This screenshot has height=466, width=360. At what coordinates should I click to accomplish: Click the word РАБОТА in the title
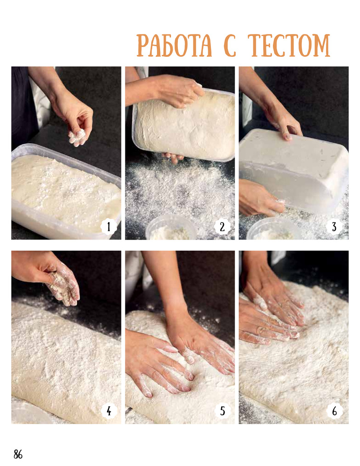[174, 46]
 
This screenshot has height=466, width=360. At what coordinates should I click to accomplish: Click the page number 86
[18, 454]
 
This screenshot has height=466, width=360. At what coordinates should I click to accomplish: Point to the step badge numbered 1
[109, 227]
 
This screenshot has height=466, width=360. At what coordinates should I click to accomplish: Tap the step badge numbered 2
[222, 227]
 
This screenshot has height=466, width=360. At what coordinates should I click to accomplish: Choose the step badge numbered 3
[334, 227]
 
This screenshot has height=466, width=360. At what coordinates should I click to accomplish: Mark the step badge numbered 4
[109, 411]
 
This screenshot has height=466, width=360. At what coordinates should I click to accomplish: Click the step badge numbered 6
[334, 411]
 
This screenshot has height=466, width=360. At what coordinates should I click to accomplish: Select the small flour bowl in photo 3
[273, 229]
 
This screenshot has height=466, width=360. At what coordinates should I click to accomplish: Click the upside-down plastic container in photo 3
[293, 170]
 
